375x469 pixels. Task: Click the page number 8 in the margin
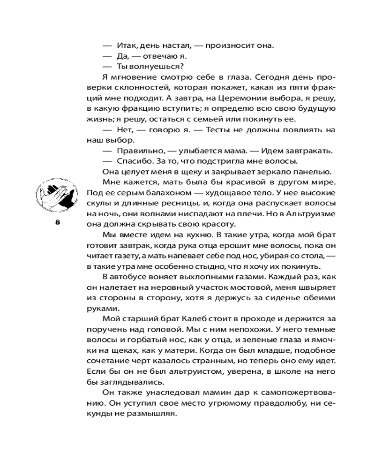click(x=58, y=223)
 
